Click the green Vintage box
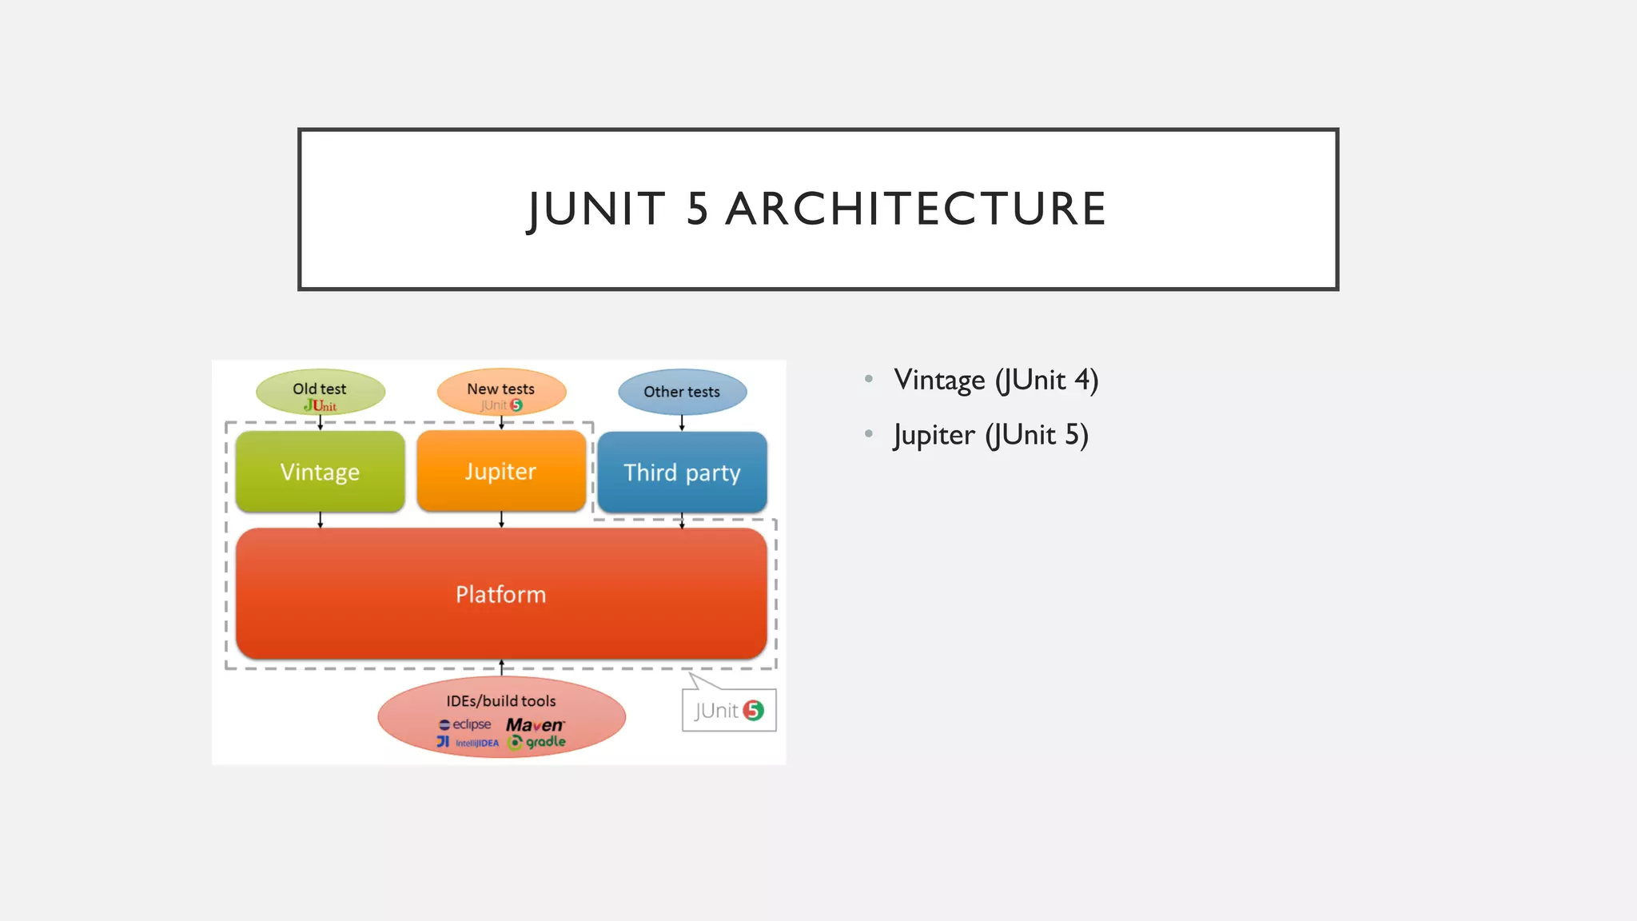pos(320,472)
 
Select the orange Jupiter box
pos(501,471)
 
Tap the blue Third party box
pos(682,472)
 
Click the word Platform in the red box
pos(500,595)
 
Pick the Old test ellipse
pos(320,392)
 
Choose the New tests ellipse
pos(501,392)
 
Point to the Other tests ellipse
pos(682,392)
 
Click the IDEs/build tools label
pos(501,701)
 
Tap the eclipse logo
pos(465,724)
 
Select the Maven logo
pos(535,725)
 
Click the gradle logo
pos(537,743)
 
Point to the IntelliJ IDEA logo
pos(468,743)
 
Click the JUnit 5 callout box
pos(729,710)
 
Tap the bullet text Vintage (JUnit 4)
pos(996,380)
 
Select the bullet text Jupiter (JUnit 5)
pos(991,436)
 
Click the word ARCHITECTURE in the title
pos(916,209)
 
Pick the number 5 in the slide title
pos(697,209)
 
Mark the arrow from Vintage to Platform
pos(321,520)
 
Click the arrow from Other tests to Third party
pos(682,423)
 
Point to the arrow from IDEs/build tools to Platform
pos(501,668)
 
